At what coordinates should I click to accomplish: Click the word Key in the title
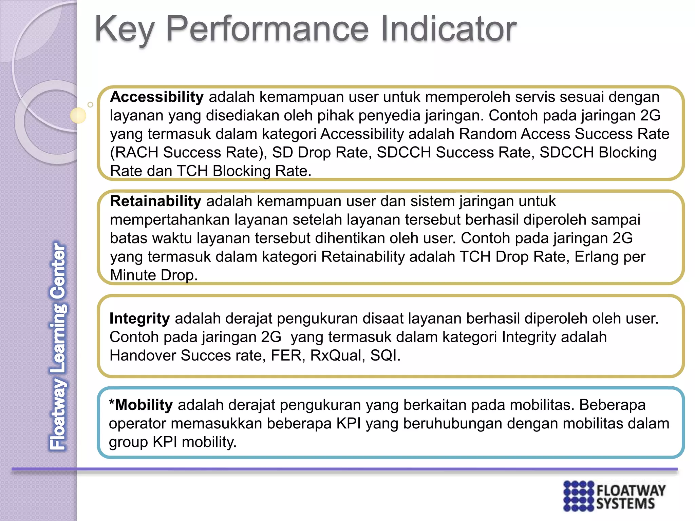(124, 30)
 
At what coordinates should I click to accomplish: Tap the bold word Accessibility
(156, 97)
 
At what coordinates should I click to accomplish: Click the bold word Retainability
(156, 201)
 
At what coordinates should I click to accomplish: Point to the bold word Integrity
(139, 319)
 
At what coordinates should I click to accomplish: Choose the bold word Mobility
(144, 405)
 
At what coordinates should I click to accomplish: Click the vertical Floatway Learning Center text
(58, 346)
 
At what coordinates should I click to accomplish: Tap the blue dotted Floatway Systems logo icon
(579, 496)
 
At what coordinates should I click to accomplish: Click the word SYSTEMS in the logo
(625, 504)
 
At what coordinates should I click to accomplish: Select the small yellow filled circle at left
(78, 115)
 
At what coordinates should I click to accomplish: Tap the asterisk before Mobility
(112, 403)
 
